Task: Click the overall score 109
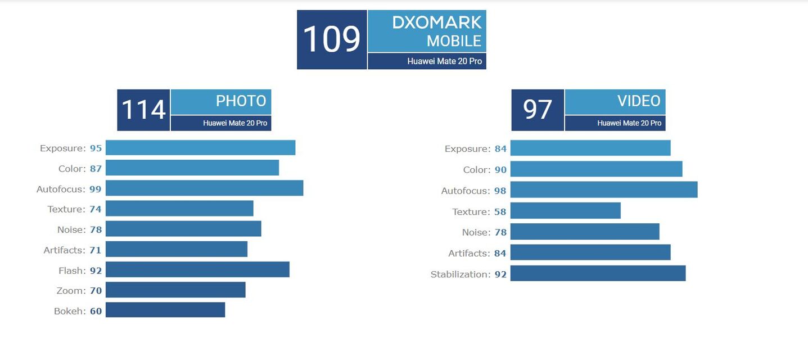coord(332,39)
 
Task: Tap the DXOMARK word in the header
coord(437,22)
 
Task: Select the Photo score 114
coord(143,110)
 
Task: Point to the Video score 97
coord(538,110)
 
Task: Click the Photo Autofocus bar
coord(204,188)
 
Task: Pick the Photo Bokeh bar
coord(165,310)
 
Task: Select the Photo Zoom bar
coord(175,290)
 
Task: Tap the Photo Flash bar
coord(197,269)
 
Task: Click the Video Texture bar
coord(565,210)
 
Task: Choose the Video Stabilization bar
coord(598,273)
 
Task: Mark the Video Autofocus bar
coord(604,190)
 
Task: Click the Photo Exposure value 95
coord(96,148)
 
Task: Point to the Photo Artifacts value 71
coord(96,250)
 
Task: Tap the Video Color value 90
coord(500,170)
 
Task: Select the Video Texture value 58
coord(500,212)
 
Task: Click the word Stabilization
coord(460,274)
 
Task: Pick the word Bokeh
coord(69,311)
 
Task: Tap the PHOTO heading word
coord(241,101)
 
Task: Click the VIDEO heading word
coord(639,101)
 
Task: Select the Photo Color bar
coord(192,168)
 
